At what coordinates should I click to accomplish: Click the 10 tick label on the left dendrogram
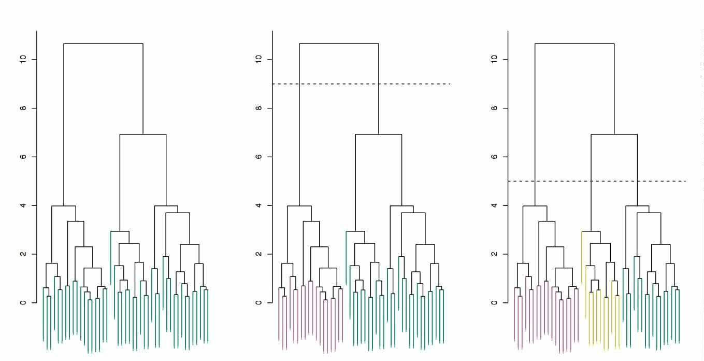(22, 60)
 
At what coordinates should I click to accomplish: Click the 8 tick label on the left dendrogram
(22, 108)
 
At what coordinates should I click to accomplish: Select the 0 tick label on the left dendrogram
(22, 302)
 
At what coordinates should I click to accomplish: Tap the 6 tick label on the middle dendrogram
(257, 157)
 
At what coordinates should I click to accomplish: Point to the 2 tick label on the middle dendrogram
(257, 254)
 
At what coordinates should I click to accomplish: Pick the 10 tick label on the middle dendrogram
(257, 60)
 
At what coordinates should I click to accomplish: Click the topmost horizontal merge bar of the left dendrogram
(103, 44)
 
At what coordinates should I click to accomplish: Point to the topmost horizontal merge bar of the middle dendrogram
(339, 44)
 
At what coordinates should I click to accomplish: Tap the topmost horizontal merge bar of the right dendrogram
(574, 44)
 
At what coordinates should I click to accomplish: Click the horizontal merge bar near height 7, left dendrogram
(143, 134)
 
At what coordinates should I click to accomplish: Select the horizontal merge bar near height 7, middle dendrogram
(379, 134)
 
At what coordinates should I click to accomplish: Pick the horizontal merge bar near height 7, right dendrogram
(614, 134)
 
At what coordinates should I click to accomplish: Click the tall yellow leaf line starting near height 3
(582, 259)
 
